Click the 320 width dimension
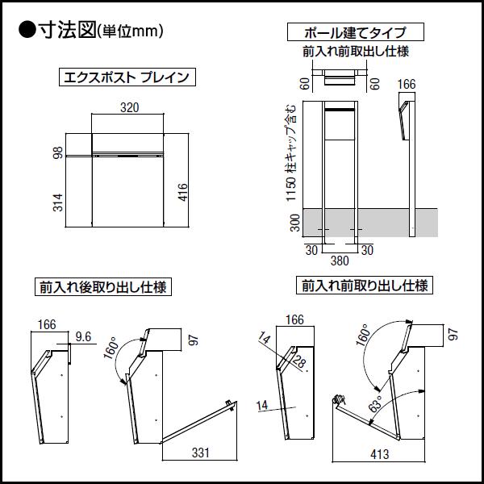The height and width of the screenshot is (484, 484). [x=128, y=106]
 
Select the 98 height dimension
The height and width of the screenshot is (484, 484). [x=57, y=153]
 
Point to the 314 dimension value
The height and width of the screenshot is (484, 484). [x=57, y=204]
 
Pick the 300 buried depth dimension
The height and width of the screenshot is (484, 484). [x=295, y=223]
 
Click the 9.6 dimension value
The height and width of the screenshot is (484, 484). [x=83, y=336]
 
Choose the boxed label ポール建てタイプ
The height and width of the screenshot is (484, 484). [x=354, y=32]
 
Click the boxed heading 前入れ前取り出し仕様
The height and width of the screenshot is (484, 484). [x=365, y=286]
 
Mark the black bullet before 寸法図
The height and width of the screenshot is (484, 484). [x=26, y=31]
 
